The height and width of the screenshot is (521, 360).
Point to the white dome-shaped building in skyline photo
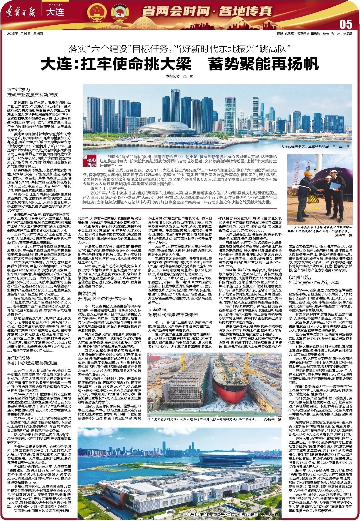pyautogui.click(x=160, y=128)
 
